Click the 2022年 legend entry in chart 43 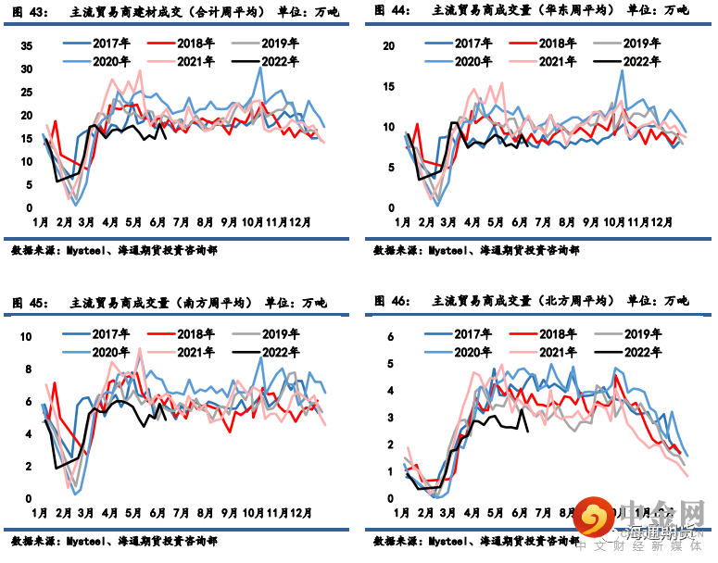click(280, 62)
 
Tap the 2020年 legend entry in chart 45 click(110, 352)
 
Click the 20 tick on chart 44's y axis click(389, 46)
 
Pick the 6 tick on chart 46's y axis click(391, 336)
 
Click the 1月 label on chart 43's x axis click(41, 223)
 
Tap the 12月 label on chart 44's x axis click(661, 223)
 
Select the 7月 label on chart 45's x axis click(182, 513)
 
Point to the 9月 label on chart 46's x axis click(593, 513)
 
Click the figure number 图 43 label click(31, 11)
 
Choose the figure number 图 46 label click(394, 301)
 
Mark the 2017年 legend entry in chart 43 click(110, 44)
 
